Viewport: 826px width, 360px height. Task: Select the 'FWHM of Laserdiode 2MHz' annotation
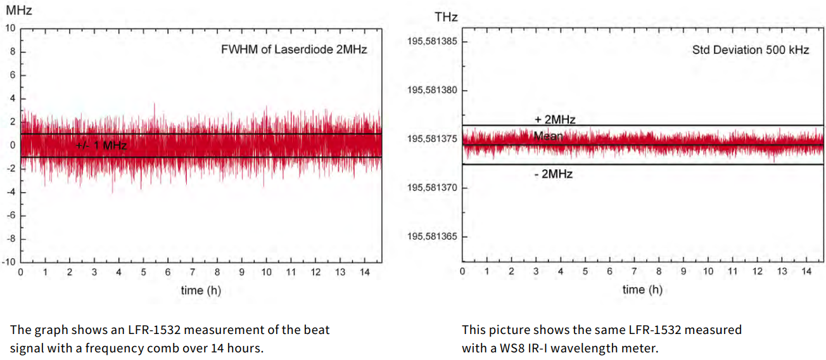tap(294, 49)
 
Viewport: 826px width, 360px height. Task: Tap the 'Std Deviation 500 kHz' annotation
tap(751, 49)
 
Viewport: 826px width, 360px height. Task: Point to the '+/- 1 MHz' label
tap(101, 146)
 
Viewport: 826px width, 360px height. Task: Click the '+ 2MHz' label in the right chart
tap(554, 119)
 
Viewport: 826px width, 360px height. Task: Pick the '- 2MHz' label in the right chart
tap(554, 174)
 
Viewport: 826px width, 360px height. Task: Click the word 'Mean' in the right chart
tap(547, 136)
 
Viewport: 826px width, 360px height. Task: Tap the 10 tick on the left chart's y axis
tap(10, 29)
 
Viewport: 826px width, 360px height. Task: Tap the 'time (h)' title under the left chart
tap(201, 290)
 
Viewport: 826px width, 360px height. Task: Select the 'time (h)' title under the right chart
tap(642, 290)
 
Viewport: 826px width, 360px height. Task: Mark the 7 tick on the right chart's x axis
tap(634, 272)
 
